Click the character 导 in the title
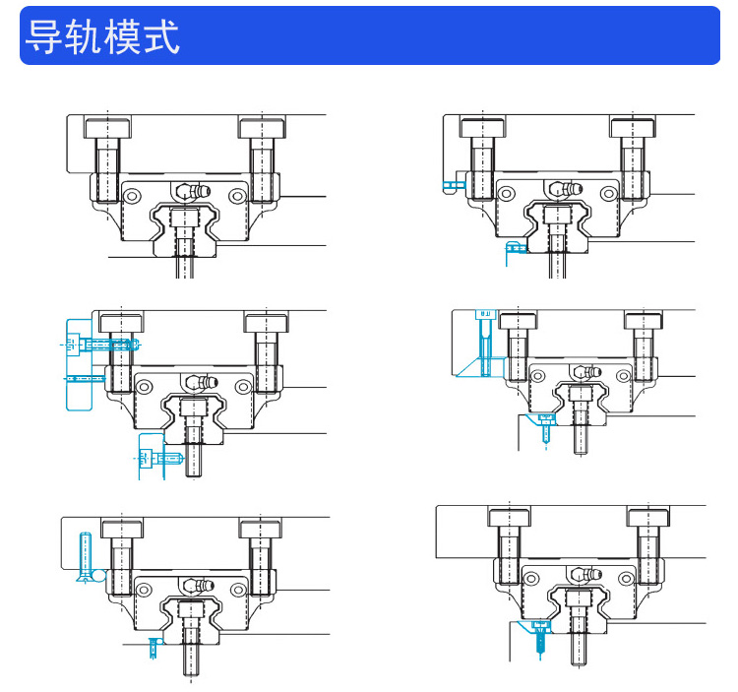pos(43,36)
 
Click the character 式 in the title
pos(161,36)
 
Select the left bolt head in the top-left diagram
pos(107,128)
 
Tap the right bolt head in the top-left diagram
pos(262,128)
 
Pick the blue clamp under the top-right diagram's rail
pos(514,249)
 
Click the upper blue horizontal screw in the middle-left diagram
pos(102,345)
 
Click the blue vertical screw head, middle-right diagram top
pos(484,316)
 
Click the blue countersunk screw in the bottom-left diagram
pos(85,556)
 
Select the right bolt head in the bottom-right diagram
pos(647,517)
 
